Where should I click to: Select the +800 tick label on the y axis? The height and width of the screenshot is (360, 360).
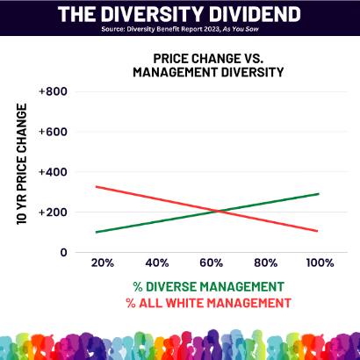[53, 91]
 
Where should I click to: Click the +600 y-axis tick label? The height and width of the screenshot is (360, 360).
[53, 132]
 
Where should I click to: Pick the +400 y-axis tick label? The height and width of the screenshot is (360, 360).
[53, 172]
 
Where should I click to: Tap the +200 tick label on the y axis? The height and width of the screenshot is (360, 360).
[53, 212]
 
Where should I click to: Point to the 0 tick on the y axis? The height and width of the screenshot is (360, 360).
[62, 253]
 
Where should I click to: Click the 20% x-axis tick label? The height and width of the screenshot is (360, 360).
[103, 263]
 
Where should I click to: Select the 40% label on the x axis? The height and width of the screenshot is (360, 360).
[157, 263]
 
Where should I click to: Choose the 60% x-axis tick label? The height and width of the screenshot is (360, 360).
[211, 263]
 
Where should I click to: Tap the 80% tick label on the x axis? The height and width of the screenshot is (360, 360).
[265, 263]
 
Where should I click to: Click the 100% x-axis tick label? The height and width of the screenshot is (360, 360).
[319, 263]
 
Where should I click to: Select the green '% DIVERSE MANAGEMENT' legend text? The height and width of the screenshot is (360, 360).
[208, 286]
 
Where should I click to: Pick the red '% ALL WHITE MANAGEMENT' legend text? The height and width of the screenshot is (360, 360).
[208, 303]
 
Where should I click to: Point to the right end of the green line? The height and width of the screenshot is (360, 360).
[319, 194]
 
